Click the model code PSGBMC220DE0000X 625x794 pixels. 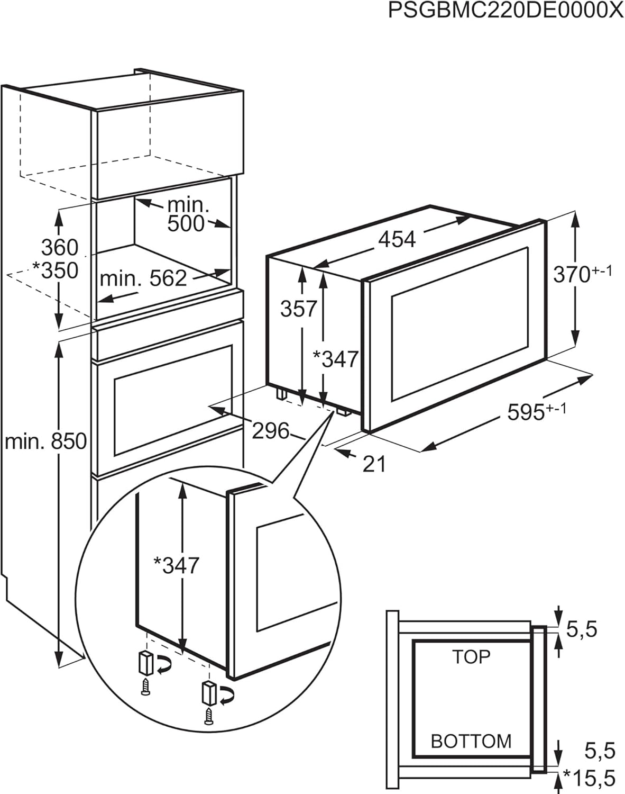(506, 11)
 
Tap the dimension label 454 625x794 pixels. (397, 239)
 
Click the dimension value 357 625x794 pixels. (299, 309)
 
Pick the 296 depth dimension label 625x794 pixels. (271, 431)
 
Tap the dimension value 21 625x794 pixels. (374, 464)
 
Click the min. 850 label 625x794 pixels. (45, 441)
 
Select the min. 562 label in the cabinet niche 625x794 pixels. (143, 278)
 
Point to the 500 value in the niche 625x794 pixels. (186, 223)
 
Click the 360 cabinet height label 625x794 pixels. (59, 247)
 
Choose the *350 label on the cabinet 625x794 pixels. (55, 270)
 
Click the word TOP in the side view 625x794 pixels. (471, 656)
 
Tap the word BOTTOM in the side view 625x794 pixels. (471, 741)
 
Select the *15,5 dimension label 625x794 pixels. (589, 778)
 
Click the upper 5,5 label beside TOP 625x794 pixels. (582, 629)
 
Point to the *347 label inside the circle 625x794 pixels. (176, 565)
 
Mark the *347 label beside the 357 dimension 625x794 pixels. (336, 359)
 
